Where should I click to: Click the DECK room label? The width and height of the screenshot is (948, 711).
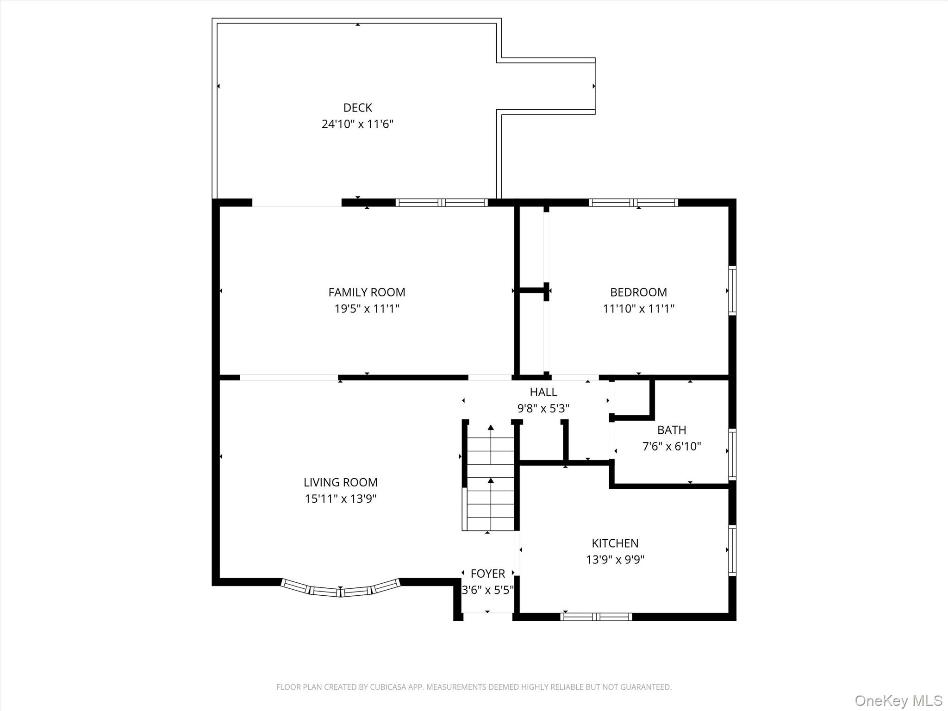pos(357,108)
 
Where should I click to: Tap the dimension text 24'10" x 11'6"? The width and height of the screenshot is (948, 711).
pos(357,124)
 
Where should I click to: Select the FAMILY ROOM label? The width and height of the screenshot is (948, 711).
pos(367,292)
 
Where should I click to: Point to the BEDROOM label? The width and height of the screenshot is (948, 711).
pos(638,292)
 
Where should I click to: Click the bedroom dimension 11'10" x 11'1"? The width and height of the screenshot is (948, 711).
pos(638,309)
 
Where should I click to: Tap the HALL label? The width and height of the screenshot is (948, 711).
pos(543,392)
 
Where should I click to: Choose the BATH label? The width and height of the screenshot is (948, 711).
pos(671,430)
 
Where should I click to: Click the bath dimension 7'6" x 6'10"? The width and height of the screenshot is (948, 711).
pos(671,447)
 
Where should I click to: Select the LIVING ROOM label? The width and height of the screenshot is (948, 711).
pos(341,482)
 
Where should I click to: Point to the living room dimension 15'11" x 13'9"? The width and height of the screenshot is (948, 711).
pos(341,499)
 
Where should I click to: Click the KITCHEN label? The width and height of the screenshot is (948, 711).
pos(615,543)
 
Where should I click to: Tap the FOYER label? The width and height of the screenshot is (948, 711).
pos(487,574)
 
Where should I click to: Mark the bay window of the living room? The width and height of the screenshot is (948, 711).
pos(341,590)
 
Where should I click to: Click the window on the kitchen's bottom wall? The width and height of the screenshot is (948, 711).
pos(596,617)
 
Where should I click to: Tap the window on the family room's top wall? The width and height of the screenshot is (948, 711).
pos(442,202)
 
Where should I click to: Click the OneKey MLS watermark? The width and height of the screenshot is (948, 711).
pos(898,700)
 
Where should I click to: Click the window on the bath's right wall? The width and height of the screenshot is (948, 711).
pos(732,454)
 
